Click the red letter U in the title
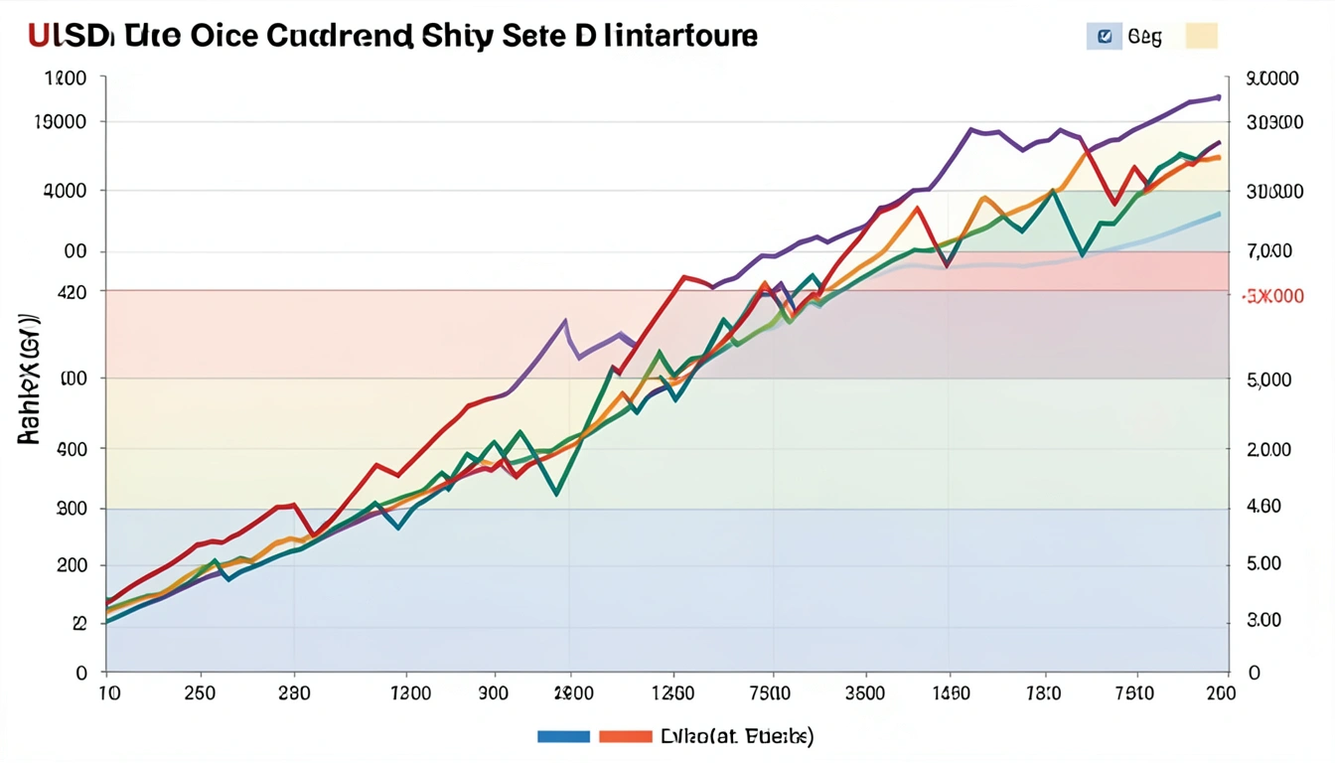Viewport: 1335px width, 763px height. click(40, 36)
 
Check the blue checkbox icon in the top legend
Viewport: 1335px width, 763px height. click(1104, 38)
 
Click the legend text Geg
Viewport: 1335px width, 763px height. click(1144, 38)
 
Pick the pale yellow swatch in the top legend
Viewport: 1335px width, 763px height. click(1201, 38)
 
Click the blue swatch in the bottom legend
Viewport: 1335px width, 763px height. click(563, 736)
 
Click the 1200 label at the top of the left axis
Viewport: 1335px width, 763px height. click(66, 79)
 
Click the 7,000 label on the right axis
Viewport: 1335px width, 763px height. click(1268, 251)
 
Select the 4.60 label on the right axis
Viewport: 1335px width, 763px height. click(1263, 507)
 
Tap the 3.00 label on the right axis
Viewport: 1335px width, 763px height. click(1263, 620)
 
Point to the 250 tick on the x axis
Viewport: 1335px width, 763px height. click(200, 693)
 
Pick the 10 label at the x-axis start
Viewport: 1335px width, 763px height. click(108, 693)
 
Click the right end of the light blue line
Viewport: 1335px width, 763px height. click(1219, 214)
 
